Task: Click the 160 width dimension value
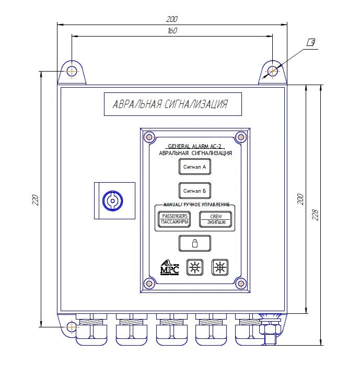pos(172,31)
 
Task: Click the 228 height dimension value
pos(315,215)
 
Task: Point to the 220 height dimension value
pos(35,200)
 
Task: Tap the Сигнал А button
pos(194,168)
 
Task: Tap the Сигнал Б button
pos(194,191)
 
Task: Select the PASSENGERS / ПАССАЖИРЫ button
pos(174,219)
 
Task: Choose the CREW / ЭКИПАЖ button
pos(215,219)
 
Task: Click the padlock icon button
pos(194,243)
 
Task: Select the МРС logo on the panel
pos(170,267)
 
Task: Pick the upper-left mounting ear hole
pos(72,70)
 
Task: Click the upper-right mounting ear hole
pos(273,70)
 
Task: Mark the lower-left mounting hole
pos(72,327)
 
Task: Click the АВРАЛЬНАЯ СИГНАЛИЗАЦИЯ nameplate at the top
pos(172,104)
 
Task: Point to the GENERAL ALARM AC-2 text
pos(194,147)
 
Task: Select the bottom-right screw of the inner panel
pos(240,283)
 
